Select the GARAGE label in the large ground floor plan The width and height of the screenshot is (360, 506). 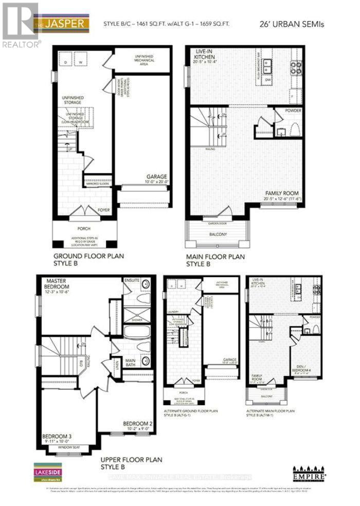tap(156, 177)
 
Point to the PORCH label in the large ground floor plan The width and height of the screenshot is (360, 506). tap(84, 229)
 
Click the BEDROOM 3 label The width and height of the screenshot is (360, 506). tap(57, 437)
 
